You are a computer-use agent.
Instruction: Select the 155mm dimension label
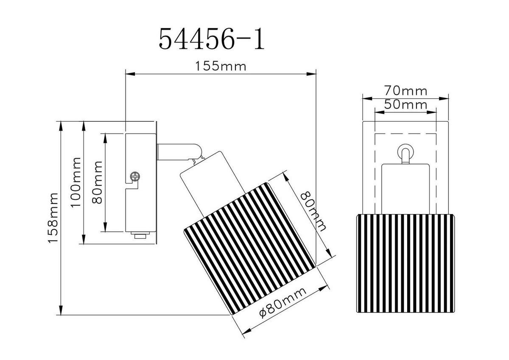pos(220,67)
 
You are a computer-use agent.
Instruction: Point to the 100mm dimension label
pos(76,182)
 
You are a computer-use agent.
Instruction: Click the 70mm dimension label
pos(405,91)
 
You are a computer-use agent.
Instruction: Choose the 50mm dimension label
pos(405,104)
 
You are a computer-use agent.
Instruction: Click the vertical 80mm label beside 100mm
pos(97,182)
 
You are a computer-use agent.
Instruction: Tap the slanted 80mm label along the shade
pos(313,210)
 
